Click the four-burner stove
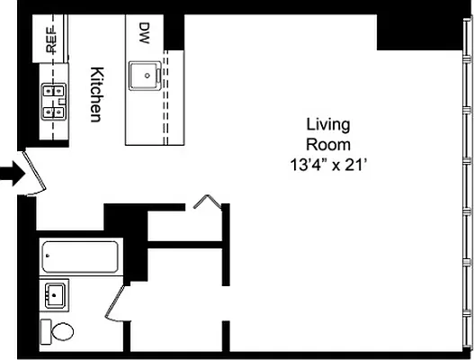coord(53,101)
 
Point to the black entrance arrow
coord(12,174)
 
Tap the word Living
coord(327,124)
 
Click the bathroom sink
coord(55,293)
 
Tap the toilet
coord(58,331)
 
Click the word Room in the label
coord(327,144)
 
